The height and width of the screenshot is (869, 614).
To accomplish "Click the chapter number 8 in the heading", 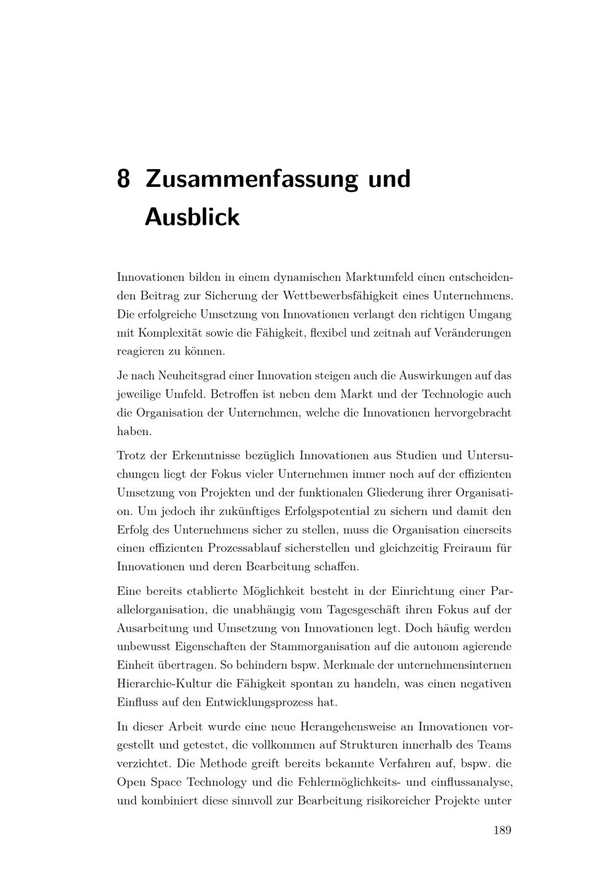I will [x=123, y=179].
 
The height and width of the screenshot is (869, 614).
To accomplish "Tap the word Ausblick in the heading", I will [x=192, y=218].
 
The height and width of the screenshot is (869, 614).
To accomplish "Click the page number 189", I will [x=502, y=830].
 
